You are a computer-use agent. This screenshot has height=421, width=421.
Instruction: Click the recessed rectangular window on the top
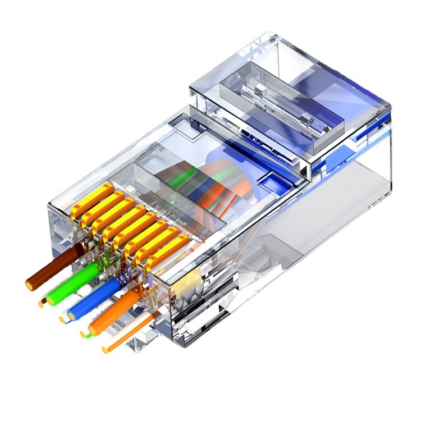281,107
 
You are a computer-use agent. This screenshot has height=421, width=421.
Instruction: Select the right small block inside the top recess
306,118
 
